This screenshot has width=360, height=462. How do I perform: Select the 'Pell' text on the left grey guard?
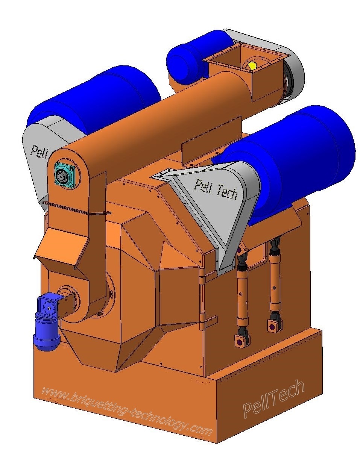(39, 152)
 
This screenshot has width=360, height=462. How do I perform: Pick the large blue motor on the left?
(94, 102)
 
